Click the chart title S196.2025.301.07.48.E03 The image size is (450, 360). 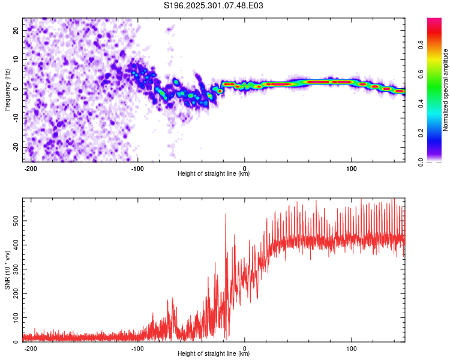(x=214, y=5)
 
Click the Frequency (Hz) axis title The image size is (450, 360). (x=7, y=89)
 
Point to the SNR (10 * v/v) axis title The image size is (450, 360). (x=7, y=270)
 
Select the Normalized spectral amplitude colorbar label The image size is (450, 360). (x=445, y=89)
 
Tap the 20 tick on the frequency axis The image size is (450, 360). (x=16, y=30)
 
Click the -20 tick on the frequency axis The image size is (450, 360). (x=15, y=148)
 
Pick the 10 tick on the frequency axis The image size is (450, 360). (x=16, y=59)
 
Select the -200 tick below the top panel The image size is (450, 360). (x=31, y=167)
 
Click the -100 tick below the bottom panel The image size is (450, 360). (x=137, y=347)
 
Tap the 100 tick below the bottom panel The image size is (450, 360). (x=352, y=347)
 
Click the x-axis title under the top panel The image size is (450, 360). (x=214, y=174)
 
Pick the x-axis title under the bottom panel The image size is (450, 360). (x=214, y=354)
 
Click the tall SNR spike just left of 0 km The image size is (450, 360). (x=226, y=215)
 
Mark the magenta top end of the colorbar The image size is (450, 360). (x=434, y=20)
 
